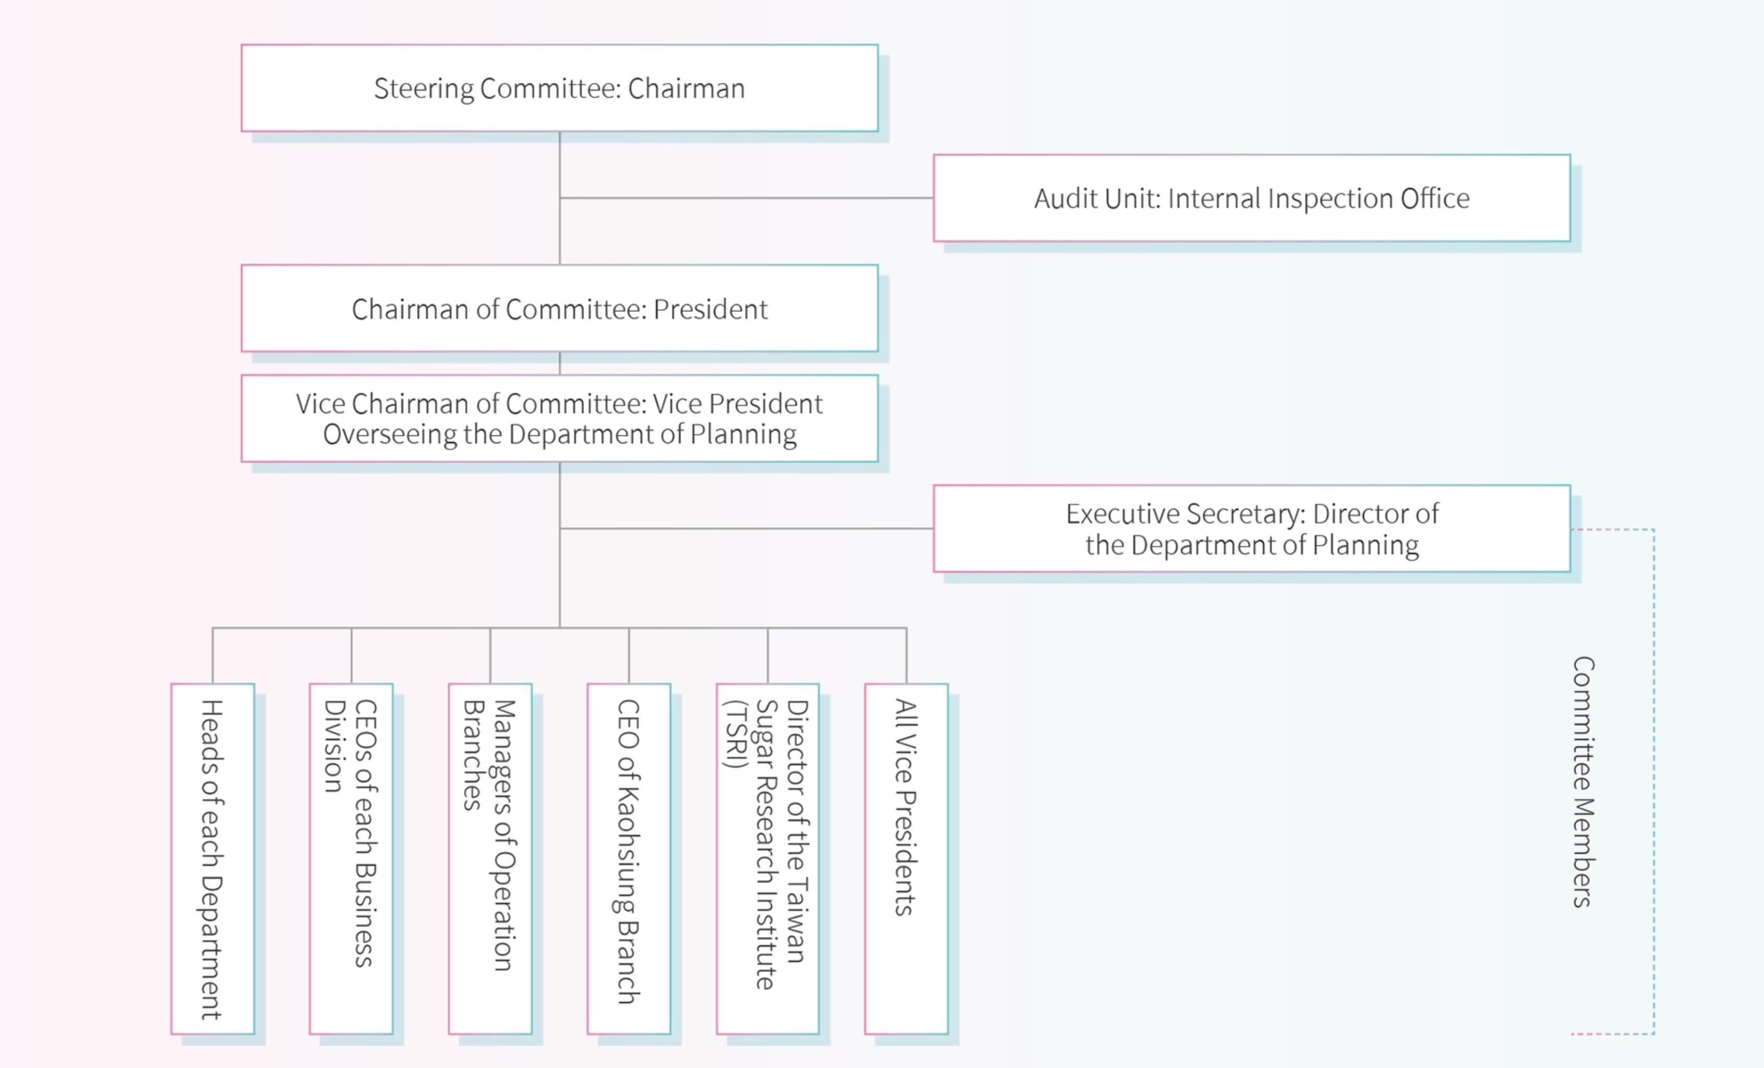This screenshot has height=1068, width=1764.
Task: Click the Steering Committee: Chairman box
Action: point(559,88)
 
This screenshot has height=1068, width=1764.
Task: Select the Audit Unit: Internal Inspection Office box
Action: point(1251,198)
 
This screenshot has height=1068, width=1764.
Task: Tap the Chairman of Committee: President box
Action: point(559,308)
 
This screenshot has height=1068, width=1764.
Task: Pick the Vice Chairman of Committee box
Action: point(559,418)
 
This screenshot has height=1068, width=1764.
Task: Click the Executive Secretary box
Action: point(1251,529)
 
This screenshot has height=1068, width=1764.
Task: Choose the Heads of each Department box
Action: point(213,859)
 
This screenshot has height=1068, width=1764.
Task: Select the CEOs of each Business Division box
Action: point(351,859)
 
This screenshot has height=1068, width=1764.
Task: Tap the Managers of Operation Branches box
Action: point(490,859)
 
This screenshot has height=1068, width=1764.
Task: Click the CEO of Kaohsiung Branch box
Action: point(628,859)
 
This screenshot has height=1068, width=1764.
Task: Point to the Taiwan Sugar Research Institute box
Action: point(768,859)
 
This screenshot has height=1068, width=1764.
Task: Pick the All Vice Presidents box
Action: point(906,859)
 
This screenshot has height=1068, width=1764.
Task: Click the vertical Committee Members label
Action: point(1583,782)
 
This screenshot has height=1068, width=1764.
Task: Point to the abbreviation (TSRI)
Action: point(736,734)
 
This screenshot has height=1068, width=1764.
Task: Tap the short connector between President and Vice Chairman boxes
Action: point(560,363)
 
